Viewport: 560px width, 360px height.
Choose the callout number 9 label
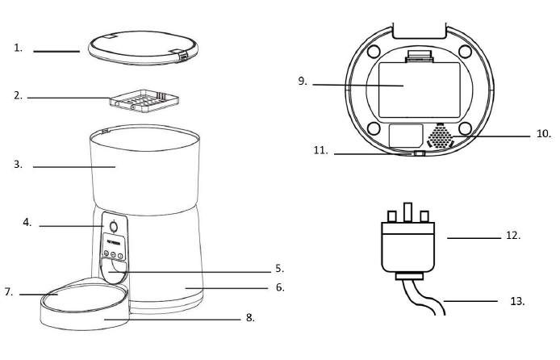tap(301, 82)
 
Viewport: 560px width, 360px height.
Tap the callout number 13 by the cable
tap(516, 300)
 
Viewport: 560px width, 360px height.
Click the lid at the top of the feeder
tap(137, 48)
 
